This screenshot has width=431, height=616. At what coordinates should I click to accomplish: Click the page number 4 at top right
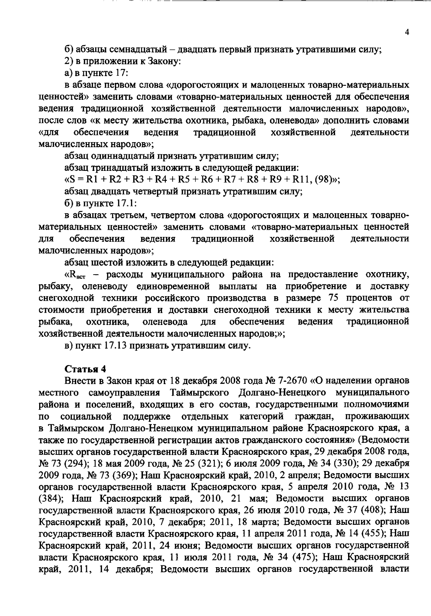pos(407,32)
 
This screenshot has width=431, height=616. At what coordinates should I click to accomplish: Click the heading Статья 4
pos(85,369)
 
